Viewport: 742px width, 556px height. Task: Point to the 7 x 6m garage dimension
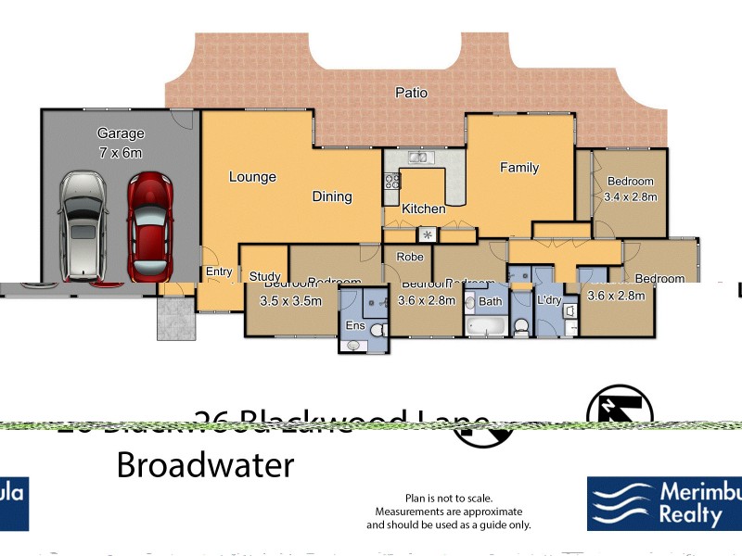[x=120, y=152]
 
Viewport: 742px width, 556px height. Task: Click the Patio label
[x=411, y=93]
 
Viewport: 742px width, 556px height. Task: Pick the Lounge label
[x=253, y=177]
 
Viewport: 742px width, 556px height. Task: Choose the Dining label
[x=331, y=196]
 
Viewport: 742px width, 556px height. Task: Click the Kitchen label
[x=423, y=209]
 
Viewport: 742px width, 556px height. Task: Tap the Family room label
[x=519, y=168]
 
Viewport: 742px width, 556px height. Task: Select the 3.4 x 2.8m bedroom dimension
[x=630, y=196]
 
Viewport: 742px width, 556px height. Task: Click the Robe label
[x=410, y=257]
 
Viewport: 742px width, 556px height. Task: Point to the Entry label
[x=219, y=272]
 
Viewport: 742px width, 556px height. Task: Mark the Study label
[x=265, y=276]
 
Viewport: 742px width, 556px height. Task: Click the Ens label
[x=354, y=326]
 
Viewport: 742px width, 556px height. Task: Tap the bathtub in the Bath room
[x=485, y=327]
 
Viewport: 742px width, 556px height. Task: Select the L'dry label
[x=548, y=301]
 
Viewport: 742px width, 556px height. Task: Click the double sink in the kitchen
[x=417, y=158]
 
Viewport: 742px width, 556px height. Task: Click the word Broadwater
[x=205, y=464]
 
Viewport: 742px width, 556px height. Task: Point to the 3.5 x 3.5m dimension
[x=290, y=300]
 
